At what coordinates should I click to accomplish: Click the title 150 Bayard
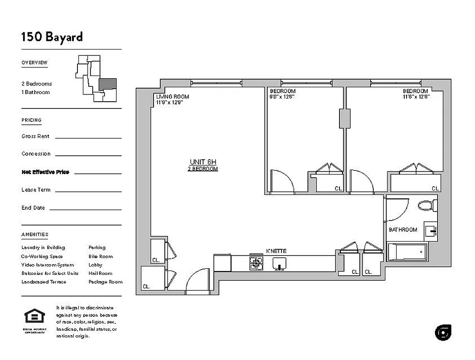[x=52, y=36]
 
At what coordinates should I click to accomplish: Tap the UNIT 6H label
[x=203, y=162]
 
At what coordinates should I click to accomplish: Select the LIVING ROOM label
[x=172, y=97]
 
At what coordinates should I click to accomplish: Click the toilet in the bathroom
[x=427, y=206]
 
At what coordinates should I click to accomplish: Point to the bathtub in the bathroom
[x=407, y=252]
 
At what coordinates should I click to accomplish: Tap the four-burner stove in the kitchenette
[x=256, y=263]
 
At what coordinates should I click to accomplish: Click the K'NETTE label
[x=276, y=251]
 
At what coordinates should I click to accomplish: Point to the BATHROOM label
[x=403, y=229]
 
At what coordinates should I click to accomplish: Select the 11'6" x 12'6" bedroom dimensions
[x=416, y=96]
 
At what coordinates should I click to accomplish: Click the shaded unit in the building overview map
[x=108, y=84]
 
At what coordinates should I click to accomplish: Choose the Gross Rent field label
[x=36, y=136]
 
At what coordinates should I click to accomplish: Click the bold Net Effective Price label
[x=45, y=172]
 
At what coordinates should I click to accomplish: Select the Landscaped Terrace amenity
[x=44, y=282]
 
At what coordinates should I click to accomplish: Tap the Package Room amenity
[x=105, y=282]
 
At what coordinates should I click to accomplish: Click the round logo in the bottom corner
[x=443, y=332]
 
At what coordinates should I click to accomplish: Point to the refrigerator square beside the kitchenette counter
[x=222, y=263]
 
